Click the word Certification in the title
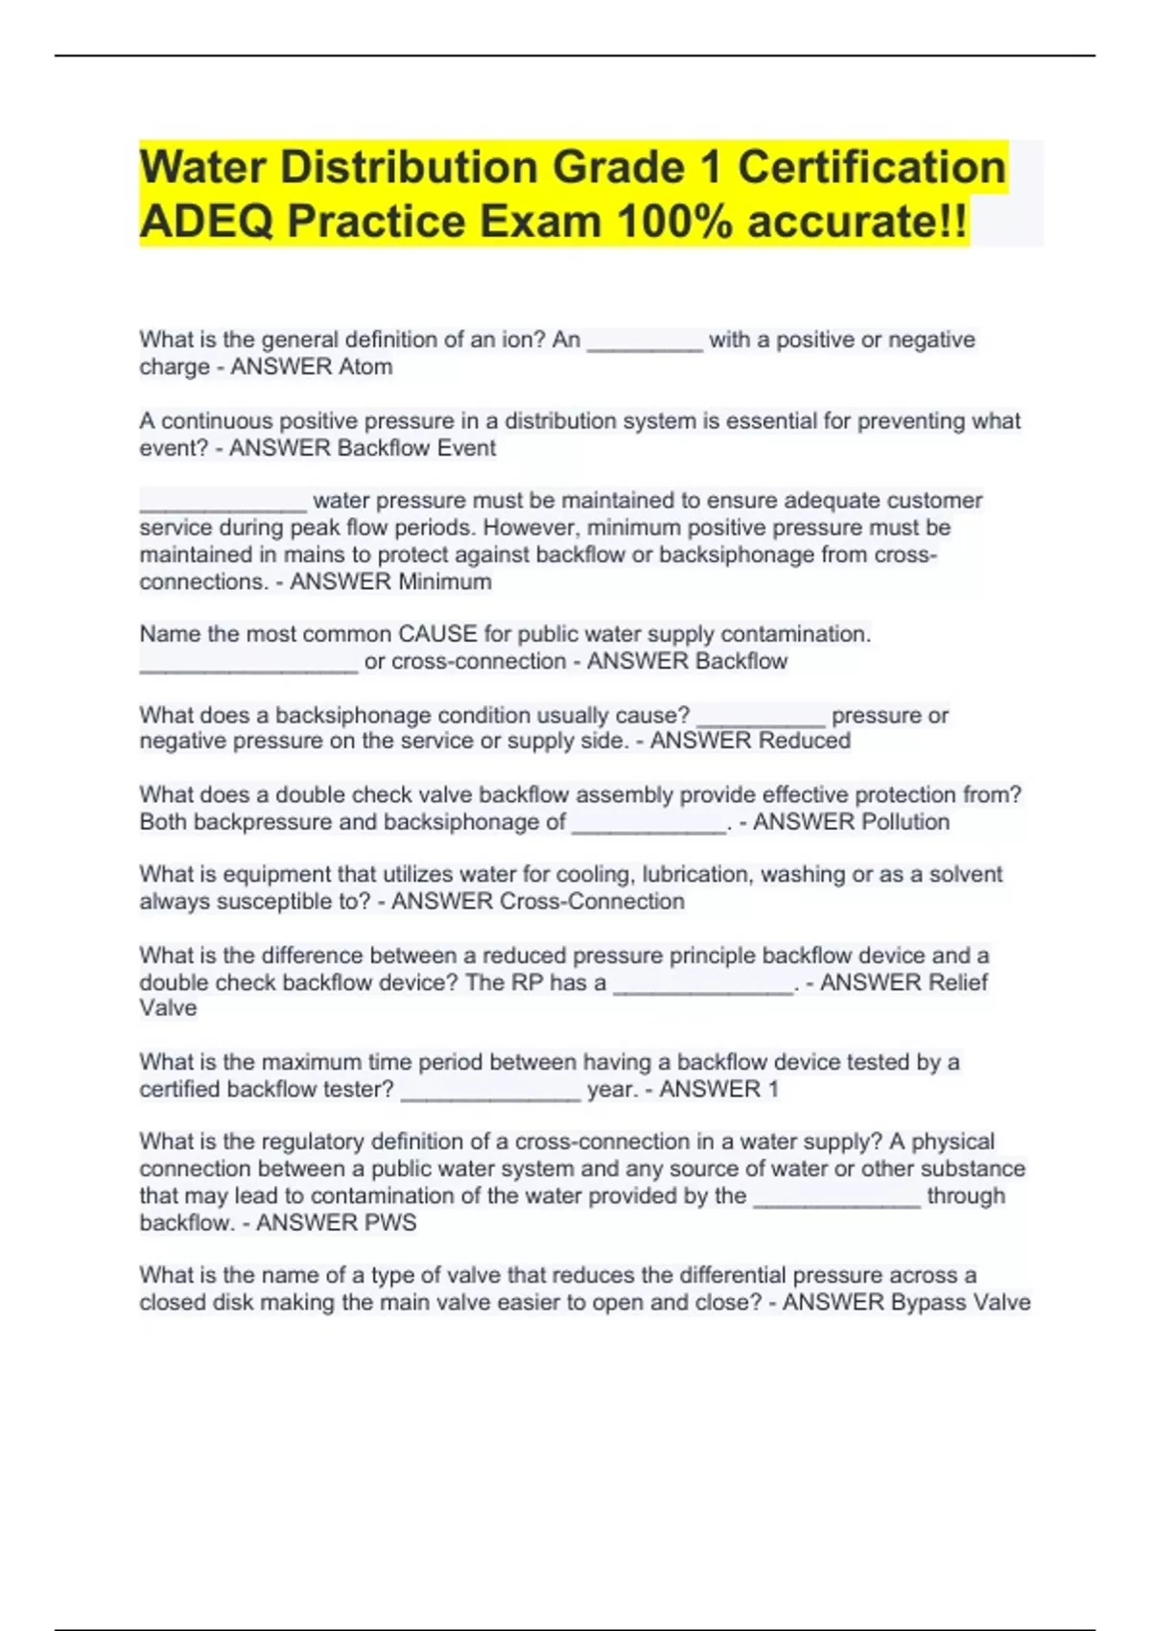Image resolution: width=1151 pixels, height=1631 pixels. (871, 167)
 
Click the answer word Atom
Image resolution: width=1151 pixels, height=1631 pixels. (364, 366)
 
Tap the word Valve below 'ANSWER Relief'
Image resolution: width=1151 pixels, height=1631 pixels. (168, 1008)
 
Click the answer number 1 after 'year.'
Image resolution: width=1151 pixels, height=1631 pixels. (773, 1089)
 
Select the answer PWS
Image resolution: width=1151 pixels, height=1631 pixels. (390, 1222)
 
